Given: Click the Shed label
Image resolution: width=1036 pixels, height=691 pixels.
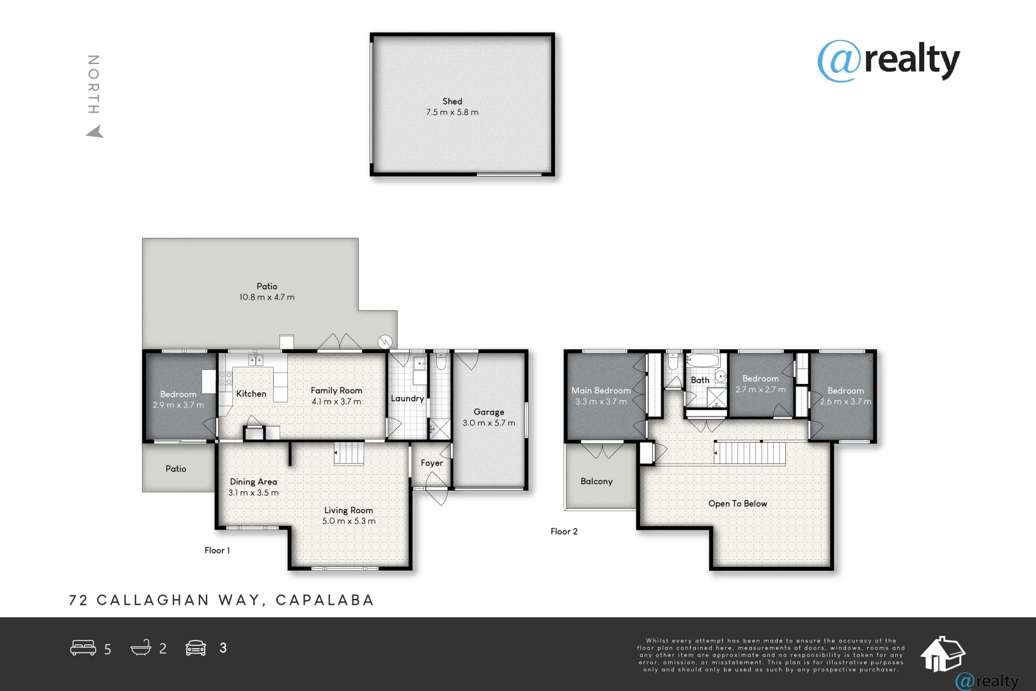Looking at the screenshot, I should pos(452,101).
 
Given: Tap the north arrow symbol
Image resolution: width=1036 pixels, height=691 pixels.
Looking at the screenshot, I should pos(95,132).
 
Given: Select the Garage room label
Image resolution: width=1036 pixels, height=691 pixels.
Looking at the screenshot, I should pos(489,412).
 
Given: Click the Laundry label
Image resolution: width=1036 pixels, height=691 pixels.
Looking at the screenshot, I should pos(407,398).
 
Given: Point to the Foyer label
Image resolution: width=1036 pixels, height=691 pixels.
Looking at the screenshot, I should pos(432,463).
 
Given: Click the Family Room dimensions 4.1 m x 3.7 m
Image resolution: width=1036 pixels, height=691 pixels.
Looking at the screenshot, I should pos(336,402).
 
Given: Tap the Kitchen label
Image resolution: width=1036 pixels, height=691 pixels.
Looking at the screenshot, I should pos(251,393).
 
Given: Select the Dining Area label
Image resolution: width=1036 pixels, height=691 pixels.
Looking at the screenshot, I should pos(253,482).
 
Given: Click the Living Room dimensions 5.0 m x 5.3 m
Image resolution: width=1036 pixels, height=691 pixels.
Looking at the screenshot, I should pos(349,521).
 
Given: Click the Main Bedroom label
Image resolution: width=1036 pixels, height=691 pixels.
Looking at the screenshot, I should pos(601,390).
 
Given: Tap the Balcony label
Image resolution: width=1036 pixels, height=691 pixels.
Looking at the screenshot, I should pos(597,481).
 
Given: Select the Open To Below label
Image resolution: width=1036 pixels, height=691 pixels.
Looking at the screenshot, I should pos(737,504).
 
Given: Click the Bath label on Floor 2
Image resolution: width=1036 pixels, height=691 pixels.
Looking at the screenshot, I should pos(700,380).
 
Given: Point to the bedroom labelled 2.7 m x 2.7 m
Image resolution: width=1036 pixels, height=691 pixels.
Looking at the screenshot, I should pos(760,384).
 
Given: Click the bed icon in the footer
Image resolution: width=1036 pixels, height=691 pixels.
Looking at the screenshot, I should pos(83,648).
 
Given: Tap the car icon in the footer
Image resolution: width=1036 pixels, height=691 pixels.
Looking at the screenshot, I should pos(196,648).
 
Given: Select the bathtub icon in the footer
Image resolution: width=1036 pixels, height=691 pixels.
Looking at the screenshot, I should pos(141,648).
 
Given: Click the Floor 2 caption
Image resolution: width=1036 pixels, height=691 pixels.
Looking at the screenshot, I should pos(564,531).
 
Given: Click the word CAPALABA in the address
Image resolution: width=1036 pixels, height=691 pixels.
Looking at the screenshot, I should pos(325,600).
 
